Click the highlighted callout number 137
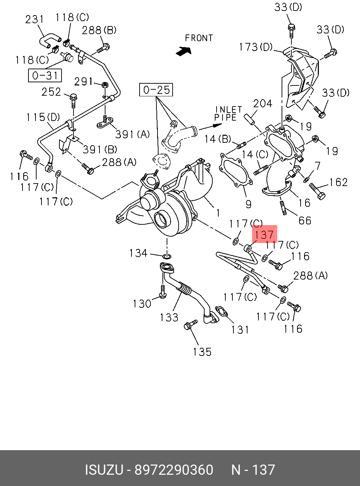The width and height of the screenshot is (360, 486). click(x=264, y=235)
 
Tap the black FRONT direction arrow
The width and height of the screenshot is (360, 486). click(x=184, y=51)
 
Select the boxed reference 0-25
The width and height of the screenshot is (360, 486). click(x=156, y=90)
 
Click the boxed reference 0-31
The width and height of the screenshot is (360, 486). click(x=45, y=75)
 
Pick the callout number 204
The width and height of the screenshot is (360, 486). click(x=263, y=103)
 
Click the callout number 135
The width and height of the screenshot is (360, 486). click(x=202, y=351)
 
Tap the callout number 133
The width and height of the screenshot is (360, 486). click(x=169, y=317)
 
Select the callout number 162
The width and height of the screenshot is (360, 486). click(x=339, y=182)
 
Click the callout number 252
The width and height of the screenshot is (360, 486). click(x=51, y=92)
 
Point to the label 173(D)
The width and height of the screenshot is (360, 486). click(x=256, y=47)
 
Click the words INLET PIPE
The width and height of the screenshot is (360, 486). click(x=228, y=114)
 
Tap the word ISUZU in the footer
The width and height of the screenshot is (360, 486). click(x=104, y=470)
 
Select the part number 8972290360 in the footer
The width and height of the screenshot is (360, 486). click(x=174, y=470)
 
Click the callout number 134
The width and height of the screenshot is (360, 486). click(x=138, y=253)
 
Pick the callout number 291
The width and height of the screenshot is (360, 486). click(x=83, y=82)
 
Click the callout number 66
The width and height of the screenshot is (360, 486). click(x=305, y=220)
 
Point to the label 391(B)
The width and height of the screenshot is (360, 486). click(x=100, y=149)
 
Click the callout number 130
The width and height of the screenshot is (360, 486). click(x=142, y=303)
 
